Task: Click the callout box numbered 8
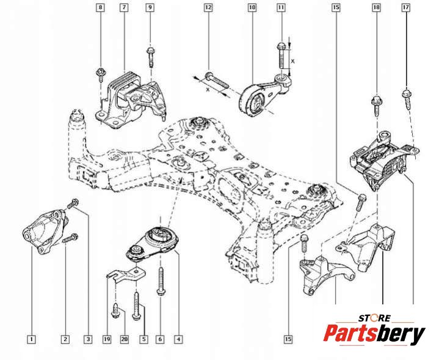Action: pos(101,8)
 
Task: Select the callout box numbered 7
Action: pos(124,8)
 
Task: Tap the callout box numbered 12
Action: pos(208,8)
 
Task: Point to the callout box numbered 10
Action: pos(252,8)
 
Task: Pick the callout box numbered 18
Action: pos(376,8)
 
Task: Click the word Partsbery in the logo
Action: pos(374,334)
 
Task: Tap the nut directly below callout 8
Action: pos(100,75)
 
